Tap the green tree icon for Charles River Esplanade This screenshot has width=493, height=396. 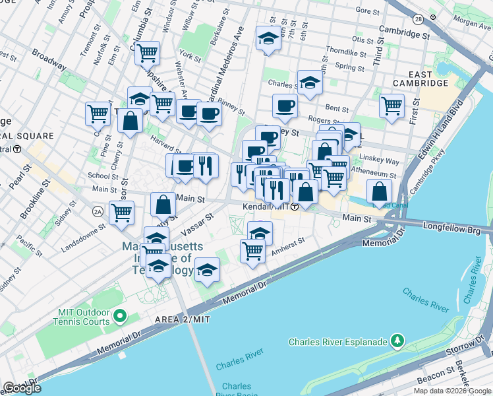397,341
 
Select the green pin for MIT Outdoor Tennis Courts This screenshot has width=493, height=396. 119,316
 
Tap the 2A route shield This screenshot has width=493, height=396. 98,211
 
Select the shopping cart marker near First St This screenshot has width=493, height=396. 391,105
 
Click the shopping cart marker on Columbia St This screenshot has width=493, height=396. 147,51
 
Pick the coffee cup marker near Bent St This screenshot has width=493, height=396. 285,106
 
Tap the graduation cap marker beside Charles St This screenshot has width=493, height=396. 309,82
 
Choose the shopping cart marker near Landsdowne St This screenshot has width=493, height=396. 121,213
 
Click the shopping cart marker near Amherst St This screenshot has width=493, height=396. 252,250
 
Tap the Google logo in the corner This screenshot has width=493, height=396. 22,388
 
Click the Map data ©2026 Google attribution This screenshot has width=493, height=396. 451,391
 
